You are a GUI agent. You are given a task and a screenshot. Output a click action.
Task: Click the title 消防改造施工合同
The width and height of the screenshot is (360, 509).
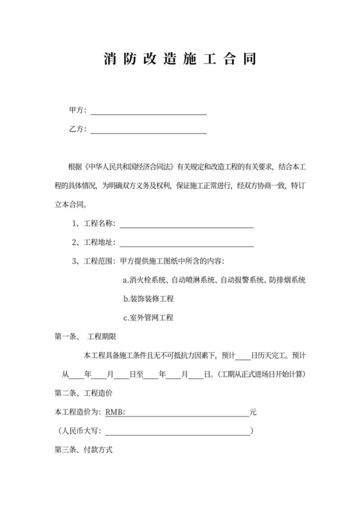coord(180,60)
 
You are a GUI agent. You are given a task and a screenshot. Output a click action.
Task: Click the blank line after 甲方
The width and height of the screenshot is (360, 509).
coord(148,112)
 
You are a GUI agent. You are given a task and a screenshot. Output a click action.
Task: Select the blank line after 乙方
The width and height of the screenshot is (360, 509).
coord(148,130)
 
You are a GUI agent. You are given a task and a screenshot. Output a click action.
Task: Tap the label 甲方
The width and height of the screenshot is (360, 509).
coord(78,111)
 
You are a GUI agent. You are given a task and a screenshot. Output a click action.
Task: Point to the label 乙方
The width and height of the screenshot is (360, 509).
coord(78,129)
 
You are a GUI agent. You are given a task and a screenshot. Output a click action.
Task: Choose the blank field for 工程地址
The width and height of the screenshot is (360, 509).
coord(186,244)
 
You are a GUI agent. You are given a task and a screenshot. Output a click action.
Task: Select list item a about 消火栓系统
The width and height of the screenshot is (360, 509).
coord(214,280)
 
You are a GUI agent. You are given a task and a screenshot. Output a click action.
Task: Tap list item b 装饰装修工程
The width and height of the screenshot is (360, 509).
coord(148,299)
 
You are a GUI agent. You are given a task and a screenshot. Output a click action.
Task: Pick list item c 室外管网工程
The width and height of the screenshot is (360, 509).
coord(148,317)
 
